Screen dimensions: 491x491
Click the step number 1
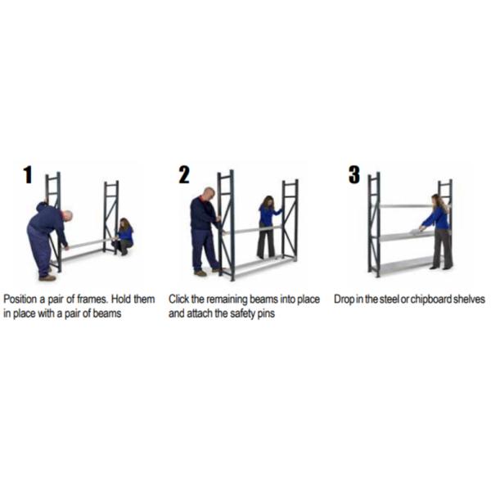point(28,174)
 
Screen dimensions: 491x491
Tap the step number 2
point(184,174)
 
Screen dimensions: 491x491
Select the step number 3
point(354,174)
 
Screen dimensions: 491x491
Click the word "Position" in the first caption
point(20,300)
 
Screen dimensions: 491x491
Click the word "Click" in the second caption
point(178,300)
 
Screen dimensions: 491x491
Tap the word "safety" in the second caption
point(243,313)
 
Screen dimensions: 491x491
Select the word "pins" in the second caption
point(266,314)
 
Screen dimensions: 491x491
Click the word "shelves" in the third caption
point(470,300)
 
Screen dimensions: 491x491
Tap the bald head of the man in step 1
point(67,215)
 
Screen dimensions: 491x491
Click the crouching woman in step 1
point(124,236)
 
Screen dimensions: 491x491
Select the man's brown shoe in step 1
point(47,277)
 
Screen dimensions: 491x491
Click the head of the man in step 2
point(209,194)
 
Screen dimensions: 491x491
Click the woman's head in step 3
point(436,200)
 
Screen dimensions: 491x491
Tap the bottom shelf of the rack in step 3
point(407,264)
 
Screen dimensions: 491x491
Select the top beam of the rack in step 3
point(406,206)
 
